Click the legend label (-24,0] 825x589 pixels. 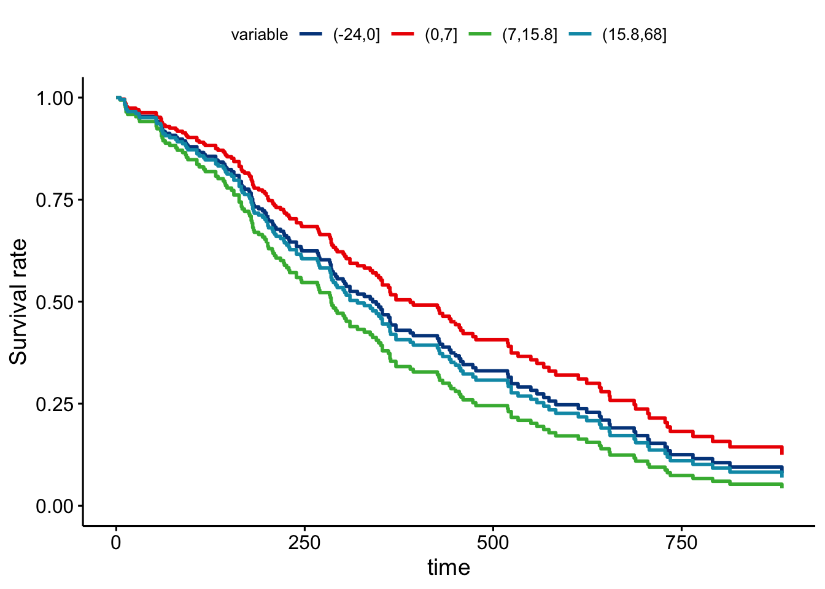357,35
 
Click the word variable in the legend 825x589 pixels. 259,35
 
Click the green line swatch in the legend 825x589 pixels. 480,34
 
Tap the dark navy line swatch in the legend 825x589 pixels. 311,34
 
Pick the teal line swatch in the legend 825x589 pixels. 580,34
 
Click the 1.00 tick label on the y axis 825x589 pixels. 55,98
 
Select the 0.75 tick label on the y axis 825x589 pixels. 55,200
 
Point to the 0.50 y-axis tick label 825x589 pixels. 55,302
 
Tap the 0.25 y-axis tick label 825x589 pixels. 55,404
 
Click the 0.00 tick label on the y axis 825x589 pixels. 55,506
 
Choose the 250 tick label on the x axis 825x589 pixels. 304,543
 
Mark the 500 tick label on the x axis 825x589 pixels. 494,543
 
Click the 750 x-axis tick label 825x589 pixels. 682,543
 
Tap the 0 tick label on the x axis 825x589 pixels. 116,543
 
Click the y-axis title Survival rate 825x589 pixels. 19,302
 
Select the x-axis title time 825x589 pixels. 449,568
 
